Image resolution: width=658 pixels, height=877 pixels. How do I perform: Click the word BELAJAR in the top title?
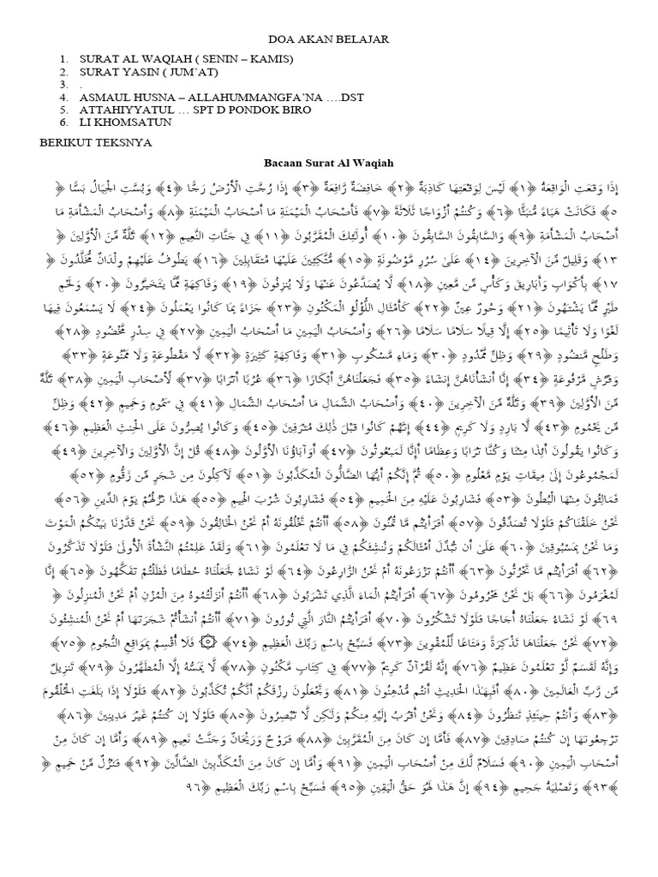(363, 39)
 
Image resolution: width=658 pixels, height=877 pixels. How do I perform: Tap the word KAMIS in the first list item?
(273, 58)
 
